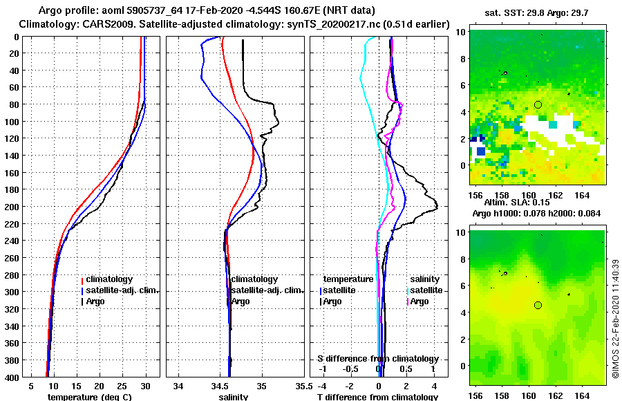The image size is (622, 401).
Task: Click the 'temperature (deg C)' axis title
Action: [x=89, y=397]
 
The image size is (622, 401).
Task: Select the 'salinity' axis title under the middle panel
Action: [x=234, y=397]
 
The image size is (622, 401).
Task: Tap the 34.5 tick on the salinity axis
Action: [x=220, y=384]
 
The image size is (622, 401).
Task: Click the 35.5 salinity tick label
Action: [x=302, y=384]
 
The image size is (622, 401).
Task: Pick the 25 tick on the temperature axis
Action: [x=122, y=384]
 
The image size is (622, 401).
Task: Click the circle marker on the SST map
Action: [x=538, y=104]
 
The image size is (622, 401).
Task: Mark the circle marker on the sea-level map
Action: [x=538, y=305]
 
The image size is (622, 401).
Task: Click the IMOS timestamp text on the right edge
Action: [x=614, y=318]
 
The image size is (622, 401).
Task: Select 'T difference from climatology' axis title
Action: [x=376, y=397]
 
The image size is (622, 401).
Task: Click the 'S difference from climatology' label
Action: [x=377, y=359]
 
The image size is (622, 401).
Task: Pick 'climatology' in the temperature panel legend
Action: [x=109, y=279]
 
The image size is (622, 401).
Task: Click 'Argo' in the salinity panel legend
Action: [x=241, y=301]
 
